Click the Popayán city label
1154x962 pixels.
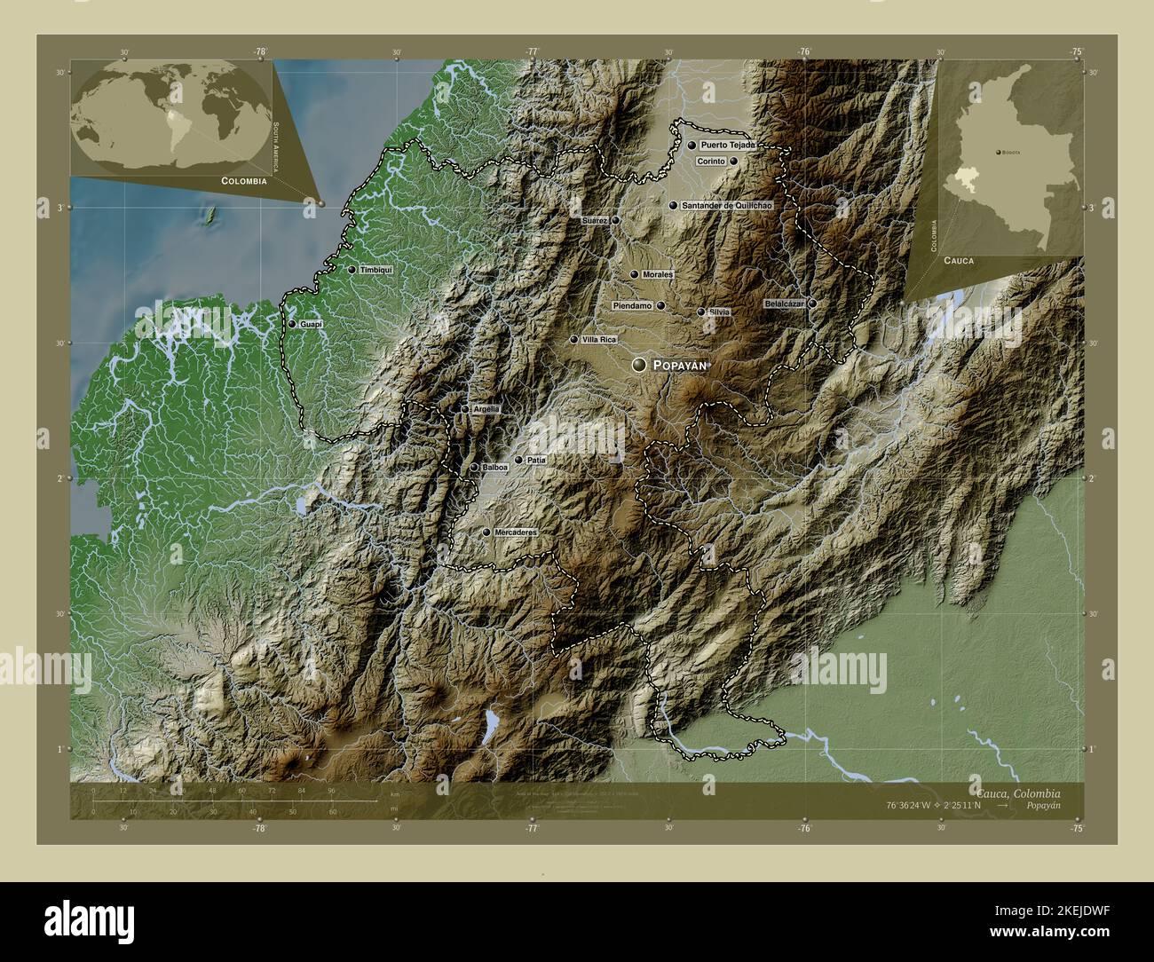pyautogui.click(x=682, y=365)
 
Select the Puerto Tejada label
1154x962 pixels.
pyautogui.click(x=727, y=145)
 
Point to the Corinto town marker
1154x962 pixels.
pyautogui.click(x=734, y=162)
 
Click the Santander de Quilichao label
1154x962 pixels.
pyautogui.click(x=726, y=205)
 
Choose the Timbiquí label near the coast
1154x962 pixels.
pyautogui.click(x=375, y=270)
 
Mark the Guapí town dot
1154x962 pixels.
pyautogui.click(x=292, y=324)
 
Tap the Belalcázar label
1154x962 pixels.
pyautogui.click(x=784, y=304)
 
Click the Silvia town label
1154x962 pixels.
pyautogui.click(x=719, y=311)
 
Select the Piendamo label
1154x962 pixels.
pyautogui.click(x=633, y=305)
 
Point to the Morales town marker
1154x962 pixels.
pyautogui.click(x=634, y=275)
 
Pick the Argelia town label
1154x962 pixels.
pyautogui.click(x=486, y=409)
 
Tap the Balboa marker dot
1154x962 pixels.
pyautogui.click(x=475, y=467)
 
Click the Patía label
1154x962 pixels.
pyautogui.click(x=535, y=461)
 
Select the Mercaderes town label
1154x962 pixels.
pyautogui.click(x=515, y=532)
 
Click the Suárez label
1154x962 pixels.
pyautogui.click(x=595, y=220)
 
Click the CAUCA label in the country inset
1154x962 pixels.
pyautogui.click(x=959, y=261)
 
